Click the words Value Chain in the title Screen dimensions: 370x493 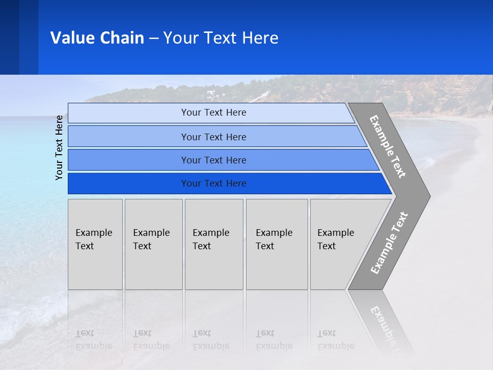[x=97, y=38]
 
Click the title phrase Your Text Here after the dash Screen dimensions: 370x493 [x=220, y=38]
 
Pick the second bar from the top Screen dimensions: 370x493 [x=213, y=137]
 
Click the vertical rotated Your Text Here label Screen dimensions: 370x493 [x=60, y=147]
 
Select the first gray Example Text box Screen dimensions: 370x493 [x=95, y=244]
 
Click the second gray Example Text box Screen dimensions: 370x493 [x=153, y=244]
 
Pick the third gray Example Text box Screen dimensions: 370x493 [x=214, y=244]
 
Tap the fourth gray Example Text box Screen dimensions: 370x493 [x=276, y=244]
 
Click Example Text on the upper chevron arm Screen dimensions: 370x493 [x=388, y=147]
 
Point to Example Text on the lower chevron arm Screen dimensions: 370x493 [x=389, y=243]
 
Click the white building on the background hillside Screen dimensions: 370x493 [x=211, y=94]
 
